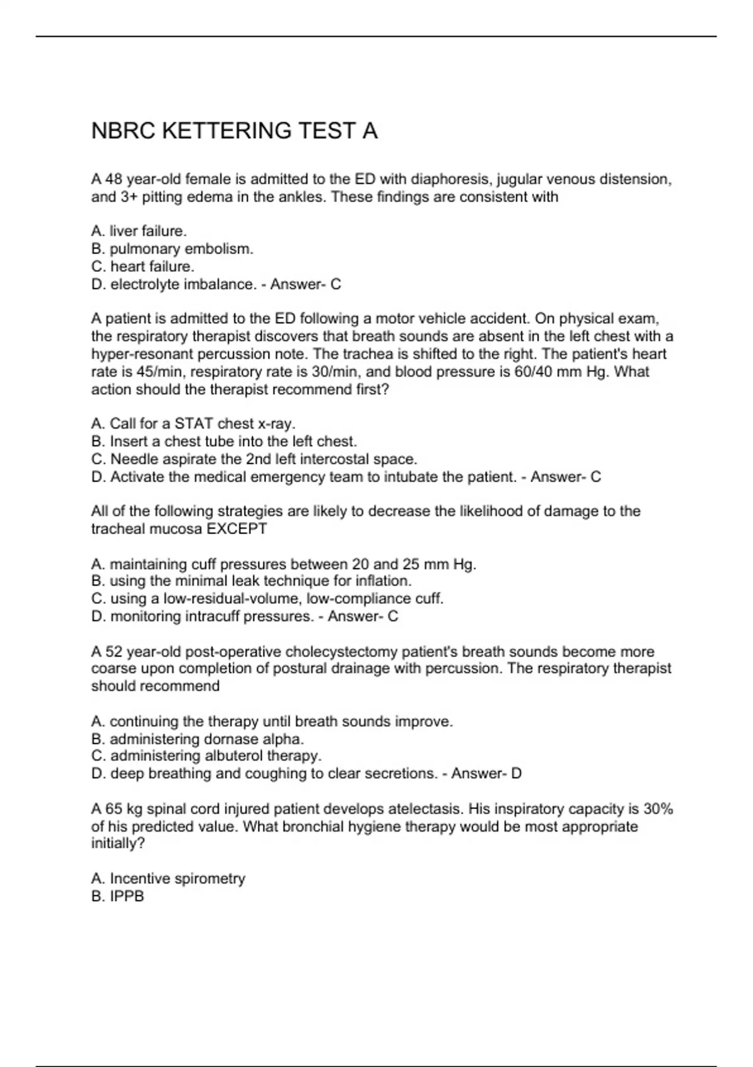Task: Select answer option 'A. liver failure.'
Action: (x=139, y=231)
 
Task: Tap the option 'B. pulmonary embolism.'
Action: (x=172, y=249)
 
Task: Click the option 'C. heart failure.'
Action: (x=142, y=267)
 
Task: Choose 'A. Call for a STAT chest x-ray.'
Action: (x=193, y=424)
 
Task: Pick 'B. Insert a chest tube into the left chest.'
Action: (x=223, y=441)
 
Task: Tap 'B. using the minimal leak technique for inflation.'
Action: (x=251, y=581)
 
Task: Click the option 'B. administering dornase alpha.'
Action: (x=197, y=739)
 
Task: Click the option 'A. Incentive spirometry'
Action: (x=168, y=878)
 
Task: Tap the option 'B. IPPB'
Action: (x=117, y=896)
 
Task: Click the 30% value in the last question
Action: (x=658, y=809)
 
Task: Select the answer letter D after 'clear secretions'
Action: (x=516, y=773)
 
